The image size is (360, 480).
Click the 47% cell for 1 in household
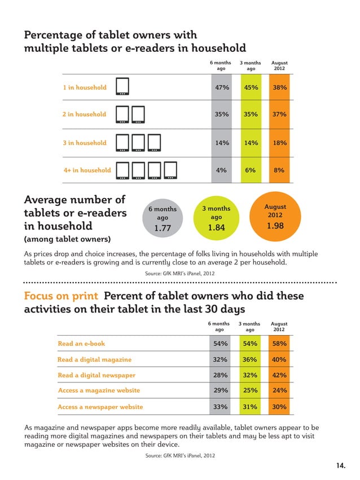click(222, 87)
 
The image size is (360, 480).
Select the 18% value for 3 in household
click(279, 143)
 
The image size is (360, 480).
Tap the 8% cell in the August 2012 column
click(279, 170)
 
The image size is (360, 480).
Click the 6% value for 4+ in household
click(251, 170)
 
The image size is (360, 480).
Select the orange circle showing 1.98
click(275, 216)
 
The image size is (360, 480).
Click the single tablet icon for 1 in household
click(122, 87)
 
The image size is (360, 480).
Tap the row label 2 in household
click(84, 115)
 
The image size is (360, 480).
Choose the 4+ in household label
click(87, 170)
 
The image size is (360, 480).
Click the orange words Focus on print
click(62, 296)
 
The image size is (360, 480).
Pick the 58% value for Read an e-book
click(279, 344)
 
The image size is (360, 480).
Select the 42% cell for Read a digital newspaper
click(279, 375)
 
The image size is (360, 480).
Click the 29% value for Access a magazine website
click(221, 390)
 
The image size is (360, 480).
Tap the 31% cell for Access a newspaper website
click(250, 407)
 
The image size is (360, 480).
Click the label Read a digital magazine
click(94, 359)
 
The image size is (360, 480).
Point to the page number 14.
click(340, 465)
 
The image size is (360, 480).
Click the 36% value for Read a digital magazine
click(250, 359)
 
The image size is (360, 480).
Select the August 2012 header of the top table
click(279, 66)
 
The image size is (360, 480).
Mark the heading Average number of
click(74, 200)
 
